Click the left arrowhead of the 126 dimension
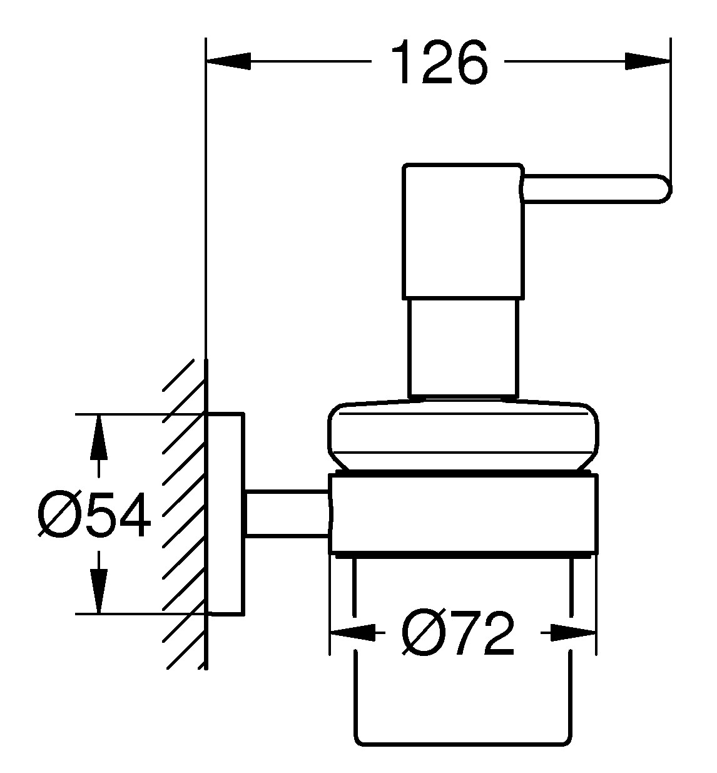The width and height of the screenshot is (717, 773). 228,61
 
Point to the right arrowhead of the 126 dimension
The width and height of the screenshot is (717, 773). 648,61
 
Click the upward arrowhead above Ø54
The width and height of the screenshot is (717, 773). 98,438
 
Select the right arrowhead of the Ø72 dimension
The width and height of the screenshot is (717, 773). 572,633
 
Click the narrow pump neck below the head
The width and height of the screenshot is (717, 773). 463,347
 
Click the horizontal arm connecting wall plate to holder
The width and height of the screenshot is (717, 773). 287,513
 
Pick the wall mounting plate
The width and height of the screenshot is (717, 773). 225,513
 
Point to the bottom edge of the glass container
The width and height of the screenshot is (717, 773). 463,745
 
